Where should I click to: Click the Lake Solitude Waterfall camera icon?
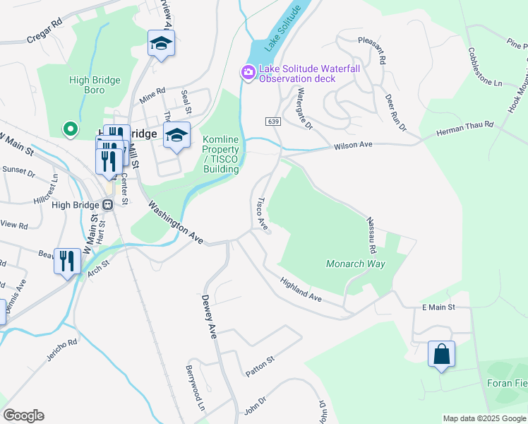[248, 73]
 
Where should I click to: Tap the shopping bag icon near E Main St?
[441, 353]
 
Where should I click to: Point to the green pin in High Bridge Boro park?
[70, 129]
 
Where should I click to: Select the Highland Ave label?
[301, 290]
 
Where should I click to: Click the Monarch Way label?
[355, 264]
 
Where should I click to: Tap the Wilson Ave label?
[352, 145]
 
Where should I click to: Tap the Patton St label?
[259, 370]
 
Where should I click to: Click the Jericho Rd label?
[63, 348]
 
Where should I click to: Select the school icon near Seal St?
[176, 136]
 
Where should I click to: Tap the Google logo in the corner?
[23, 416]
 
